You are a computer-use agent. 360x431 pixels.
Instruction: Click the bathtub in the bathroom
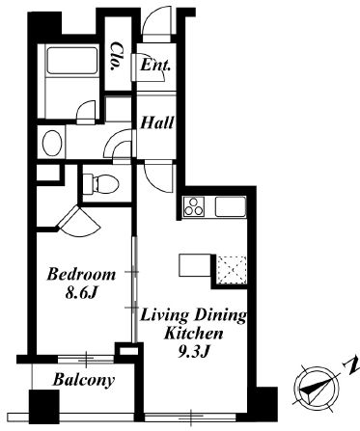72,61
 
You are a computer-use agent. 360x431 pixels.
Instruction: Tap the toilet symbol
100,184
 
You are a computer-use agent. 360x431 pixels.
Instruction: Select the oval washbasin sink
52,144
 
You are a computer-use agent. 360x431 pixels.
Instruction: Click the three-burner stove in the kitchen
194,206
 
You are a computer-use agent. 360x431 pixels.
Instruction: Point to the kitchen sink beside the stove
231,206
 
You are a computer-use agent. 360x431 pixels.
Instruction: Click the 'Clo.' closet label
117,56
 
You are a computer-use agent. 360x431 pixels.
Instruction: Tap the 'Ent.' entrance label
155,66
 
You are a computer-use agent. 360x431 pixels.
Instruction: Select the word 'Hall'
157,122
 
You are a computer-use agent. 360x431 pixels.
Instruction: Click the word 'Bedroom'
81,275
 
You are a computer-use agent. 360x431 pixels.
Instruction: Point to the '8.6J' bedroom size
81,293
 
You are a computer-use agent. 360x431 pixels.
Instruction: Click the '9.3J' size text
194,352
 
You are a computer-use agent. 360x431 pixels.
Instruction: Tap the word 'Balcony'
84,380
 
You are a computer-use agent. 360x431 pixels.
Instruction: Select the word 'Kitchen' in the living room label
193,334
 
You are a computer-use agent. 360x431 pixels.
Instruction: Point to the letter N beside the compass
351,364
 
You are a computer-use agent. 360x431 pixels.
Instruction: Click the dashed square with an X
232,270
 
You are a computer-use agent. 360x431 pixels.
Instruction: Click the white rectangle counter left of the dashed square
195,265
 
